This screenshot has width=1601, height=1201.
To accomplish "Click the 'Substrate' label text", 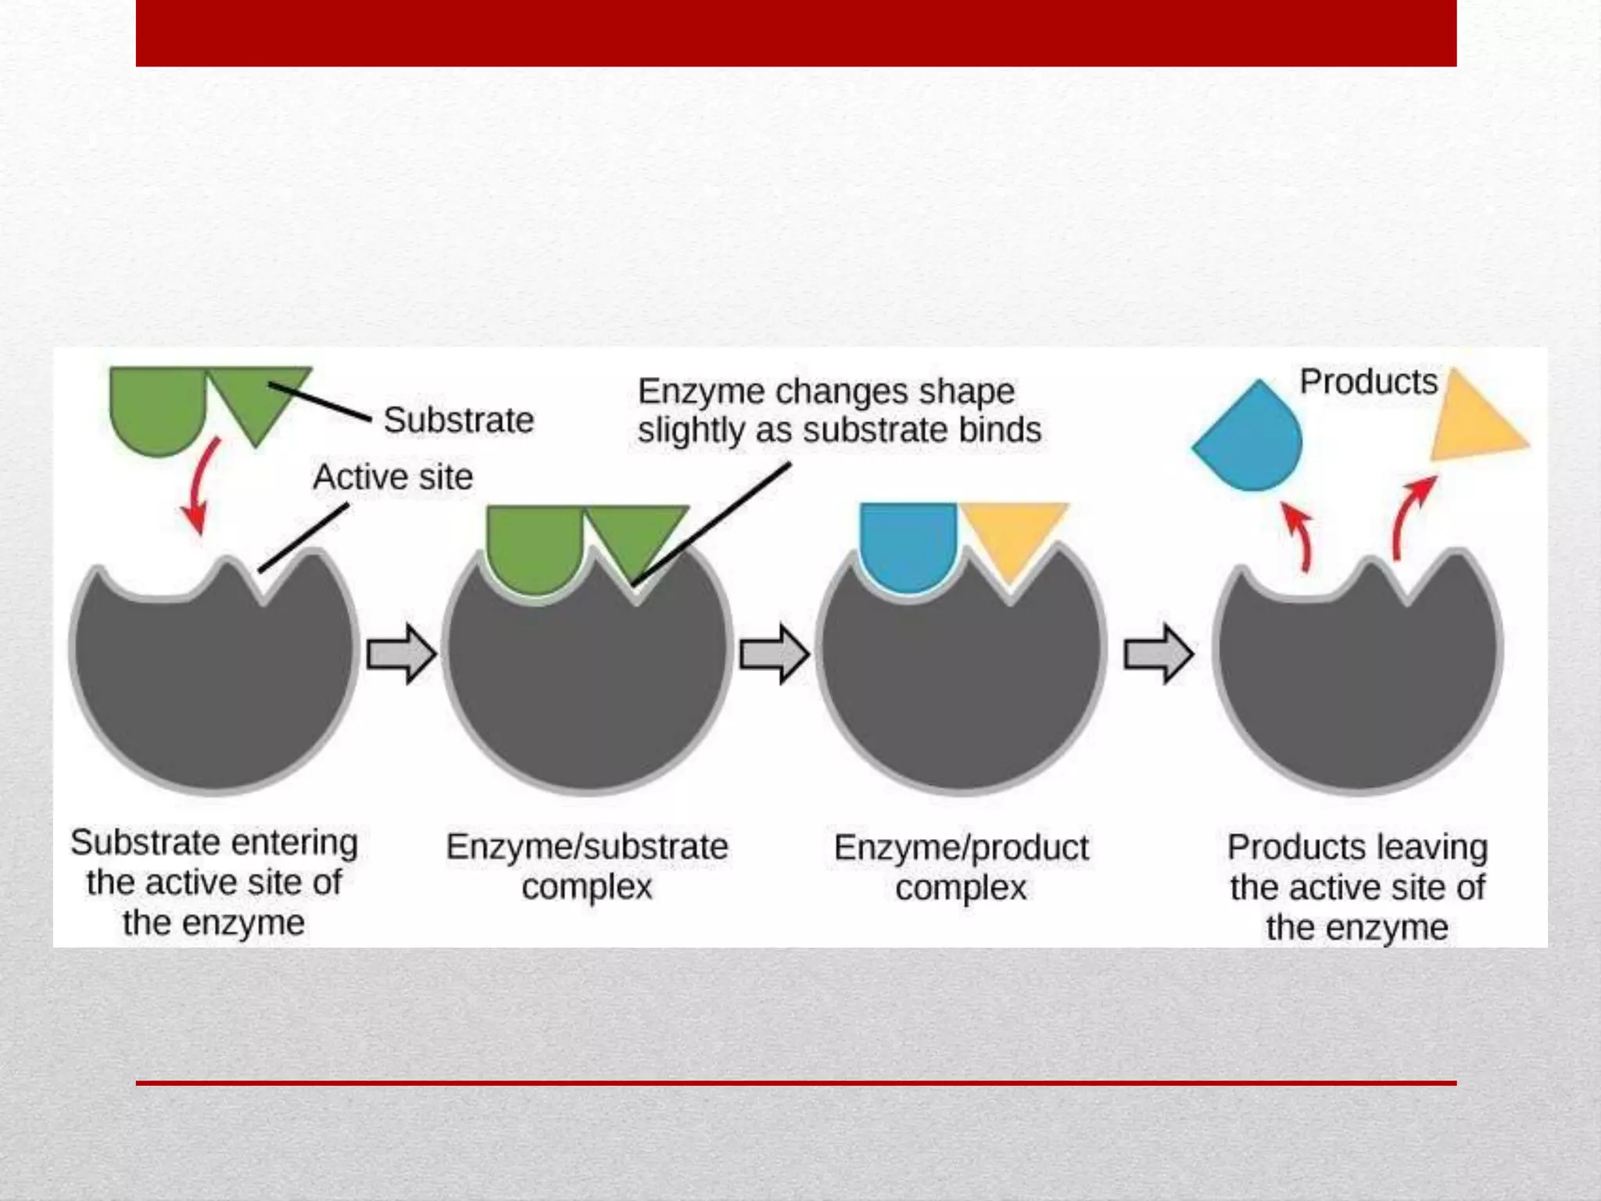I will [x=459, y=421].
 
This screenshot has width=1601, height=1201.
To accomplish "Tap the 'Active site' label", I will [x=392, y=477].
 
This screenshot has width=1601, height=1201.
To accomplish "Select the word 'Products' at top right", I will [x=1368, y=382].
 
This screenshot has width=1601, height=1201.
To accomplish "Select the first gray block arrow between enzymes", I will [x=401, y=654].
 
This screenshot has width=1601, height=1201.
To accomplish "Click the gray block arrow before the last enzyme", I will [x=1158, y=654].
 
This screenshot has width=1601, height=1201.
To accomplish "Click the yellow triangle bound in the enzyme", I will [x=1012, y=532].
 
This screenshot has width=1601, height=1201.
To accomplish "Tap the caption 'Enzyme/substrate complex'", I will [x=586, y=866].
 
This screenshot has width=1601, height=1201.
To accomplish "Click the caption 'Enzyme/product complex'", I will [x=961, y=867].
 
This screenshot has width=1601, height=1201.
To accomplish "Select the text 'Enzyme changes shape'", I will [x=826, y=392].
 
